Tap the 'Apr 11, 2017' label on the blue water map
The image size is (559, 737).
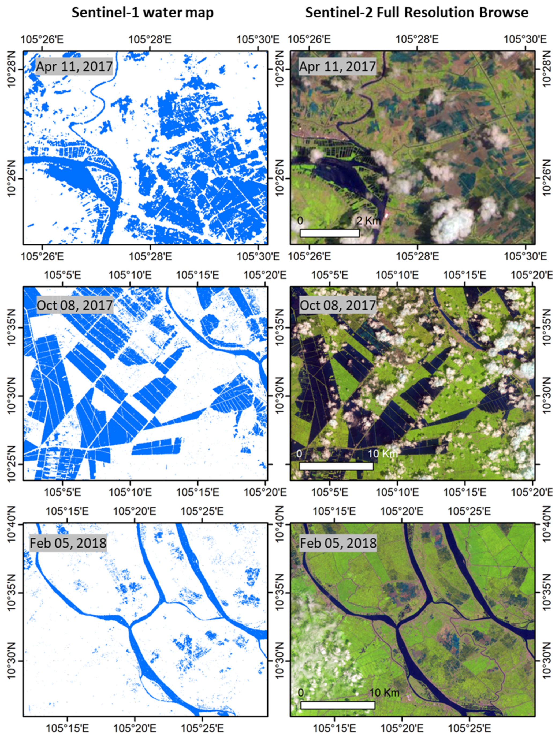(74, 67)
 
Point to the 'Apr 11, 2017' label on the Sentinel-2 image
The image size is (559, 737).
(337, 67)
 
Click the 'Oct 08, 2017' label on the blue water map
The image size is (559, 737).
(74, 305)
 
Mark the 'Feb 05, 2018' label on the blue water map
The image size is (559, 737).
(68, 543)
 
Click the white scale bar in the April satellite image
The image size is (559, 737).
(329, 233)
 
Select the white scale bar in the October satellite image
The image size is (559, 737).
(336, 466)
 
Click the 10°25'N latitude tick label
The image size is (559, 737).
(13, 464)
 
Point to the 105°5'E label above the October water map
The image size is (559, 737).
(63, 275)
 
